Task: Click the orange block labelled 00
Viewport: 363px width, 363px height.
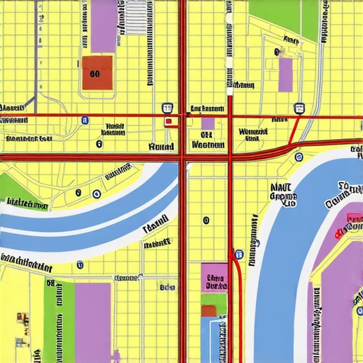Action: [97, 72]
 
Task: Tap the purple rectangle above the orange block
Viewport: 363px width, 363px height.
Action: [104, 26]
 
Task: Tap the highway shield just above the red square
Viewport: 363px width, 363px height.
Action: [167, 108]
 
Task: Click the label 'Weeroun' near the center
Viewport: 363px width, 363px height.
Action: [208, 145]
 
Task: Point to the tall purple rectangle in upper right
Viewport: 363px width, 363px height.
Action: [286, 75]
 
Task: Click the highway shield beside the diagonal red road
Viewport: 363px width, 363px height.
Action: [299, 108]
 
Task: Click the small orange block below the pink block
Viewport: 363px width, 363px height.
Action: [209, 311]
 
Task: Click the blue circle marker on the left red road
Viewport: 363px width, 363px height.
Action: [84, 121]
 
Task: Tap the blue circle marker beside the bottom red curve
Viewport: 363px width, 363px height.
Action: [240, 253]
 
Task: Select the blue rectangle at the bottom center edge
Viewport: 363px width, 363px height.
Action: [213, 340]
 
